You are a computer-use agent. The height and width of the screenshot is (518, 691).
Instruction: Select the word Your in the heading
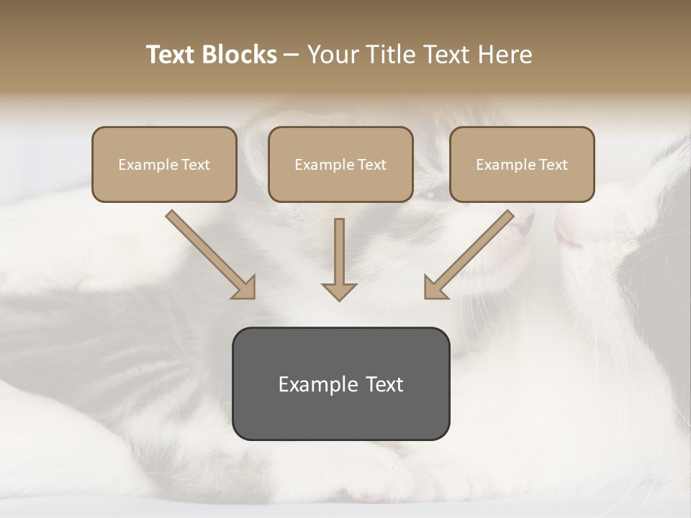pyautogui.click(x=333, y=55)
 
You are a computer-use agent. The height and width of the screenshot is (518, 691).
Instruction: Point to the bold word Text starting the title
pyautogui.click(x=171, y=55)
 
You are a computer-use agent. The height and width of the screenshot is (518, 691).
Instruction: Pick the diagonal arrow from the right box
pyautogui.click(x=468, y=255)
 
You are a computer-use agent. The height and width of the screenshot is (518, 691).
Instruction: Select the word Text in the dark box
pyautogui.click(x=383, y=384)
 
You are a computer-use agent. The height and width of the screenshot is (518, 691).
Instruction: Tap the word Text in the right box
pyautogui.click(x=552, y=165)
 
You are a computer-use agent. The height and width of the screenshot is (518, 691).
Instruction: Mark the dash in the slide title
pyautogui.click(x=292, y=55)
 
